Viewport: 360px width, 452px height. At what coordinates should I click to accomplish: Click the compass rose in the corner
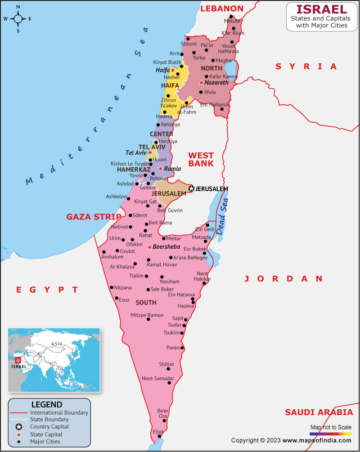pyautogui.click(x=18, y=18)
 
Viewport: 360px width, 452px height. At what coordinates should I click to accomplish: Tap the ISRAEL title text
pyautogui.click(x=321, y=9)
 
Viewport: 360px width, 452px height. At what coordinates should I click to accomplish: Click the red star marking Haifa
pyautogui.click(x=172, y=70)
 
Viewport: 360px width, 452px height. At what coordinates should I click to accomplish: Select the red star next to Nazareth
pyautogui.click(x=201, y=83)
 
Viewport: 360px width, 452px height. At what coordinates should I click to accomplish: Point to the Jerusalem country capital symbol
pyautogui.click(x=191, y=189)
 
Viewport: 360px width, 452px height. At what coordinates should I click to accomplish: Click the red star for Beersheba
pyautogui.click(x=149, y=247)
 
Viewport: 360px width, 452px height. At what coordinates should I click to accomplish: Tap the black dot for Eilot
pyautogui.click(x=159, y=436)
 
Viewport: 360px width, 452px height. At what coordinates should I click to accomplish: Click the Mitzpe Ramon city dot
pyautogui.click(x=148, y=320)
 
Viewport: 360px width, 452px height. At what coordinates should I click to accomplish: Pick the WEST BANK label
pyautogui.click(x=201, y=159)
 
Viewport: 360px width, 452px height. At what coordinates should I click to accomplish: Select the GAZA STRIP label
pyautogui.click(x=94, y=217)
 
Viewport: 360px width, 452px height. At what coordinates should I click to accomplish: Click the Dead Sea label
pyautogui.click(x=222, y=216)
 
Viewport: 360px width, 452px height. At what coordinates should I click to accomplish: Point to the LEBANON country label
pyautogui.click(x=221, y=9)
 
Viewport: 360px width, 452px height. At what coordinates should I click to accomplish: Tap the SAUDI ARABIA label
pyautogui.click(x=319, y=412)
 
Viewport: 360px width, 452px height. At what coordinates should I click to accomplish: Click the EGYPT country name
pyautogui.click(x=47, y=290)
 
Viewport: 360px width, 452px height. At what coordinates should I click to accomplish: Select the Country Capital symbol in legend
pyautogui.click(x=18, y=427)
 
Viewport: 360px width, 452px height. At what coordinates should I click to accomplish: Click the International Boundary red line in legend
pyautogui.click(x=18, y=412)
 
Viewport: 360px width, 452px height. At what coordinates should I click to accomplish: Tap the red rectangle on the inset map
pyautogui.click(x=18, y=360)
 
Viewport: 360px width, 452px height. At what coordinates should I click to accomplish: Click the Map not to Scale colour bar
pyautogui.click(x=330, y=434)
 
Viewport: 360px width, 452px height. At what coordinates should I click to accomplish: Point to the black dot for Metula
pyautogui.click(x=231, y=17)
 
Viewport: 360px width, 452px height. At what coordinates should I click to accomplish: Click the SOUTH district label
pyautogui.click(x=146, y=302)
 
